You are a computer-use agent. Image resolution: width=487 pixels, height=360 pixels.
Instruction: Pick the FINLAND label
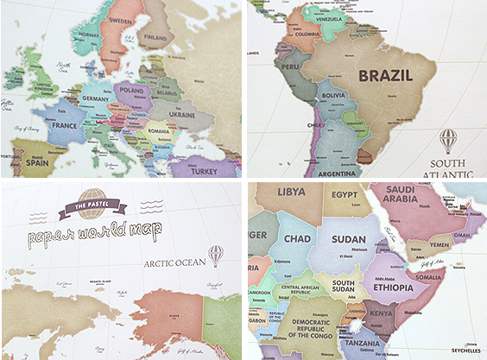click(x=155, y=37)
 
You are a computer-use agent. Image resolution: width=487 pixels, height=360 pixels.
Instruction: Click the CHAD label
click(x=296, y=237)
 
